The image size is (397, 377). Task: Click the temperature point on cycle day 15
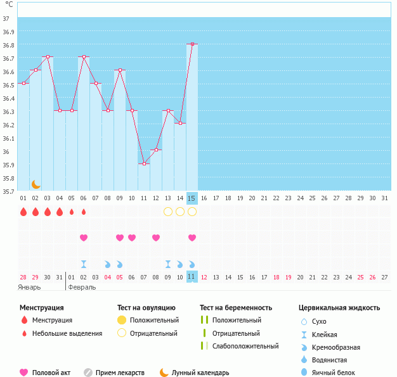pyautogui.click(x=192, y=44)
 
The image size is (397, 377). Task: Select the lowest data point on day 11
pyautogui.click(x=144, y=163)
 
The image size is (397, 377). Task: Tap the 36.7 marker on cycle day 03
pyautogui.click(x=48, y=56)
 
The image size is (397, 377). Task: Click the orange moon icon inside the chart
pyautogui.click(x=36, y=184)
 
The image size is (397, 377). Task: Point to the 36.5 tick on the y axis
pyautogui.click(x=8, y=85)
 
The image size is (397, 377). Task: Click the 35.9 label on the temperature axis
pyautogui.click(x=8, y=165)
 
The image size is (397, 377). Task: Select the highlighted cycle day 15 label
pyautogui.click(x=192, y=198)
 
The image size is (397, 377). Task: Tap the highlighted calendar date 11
pyautogui.click(x=192, y=276)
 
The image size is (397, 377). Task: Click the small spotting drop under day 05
pyautogui.click(x=72, y=212)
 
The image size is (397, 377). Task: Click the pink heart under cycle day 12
pyautogui.click(x=156, y=238)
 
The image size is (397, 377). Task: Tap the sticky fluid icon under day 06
pyautogui.click(x=84, y=264)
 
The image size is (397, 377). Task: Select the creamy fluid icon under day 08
pyautogui.click(x=108, y=264)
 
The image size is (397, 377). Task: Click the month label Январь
pyautogui.click(x=29, y=288)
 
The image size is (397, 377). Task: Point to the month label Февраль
pyautogui.click(x=82, y=288)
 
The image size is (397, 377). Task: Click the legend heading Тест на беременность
pyautogui.click(x=236, y=308)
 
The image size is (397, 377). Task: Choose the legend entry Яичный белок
pyautogui.click(x=333, y=373)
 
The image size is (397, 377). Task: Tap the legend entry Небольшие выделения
pyautogui.click(x=67, y=333)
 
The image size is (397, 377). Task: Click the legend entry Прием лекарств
pyautogui.click(x=120, y=373)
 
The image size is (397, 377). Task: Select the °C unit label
pyautogui.click(x=9, y=4)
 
